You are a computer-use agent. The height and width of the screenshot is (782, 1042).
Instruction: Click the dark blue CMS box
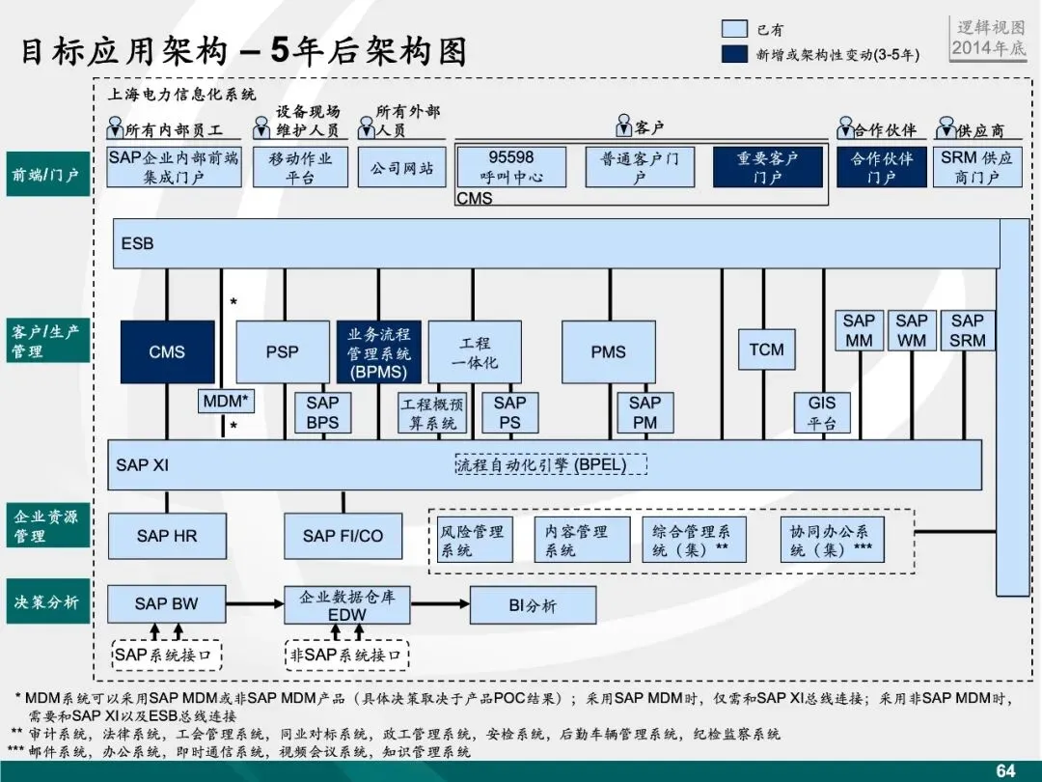(x=167, y=352)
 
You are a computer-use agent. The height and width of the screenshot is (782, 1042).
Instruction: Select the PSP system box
(x=283, y=352)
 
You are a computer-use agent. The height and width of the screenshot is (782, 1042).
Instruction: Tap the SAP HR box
(x=167, y=536)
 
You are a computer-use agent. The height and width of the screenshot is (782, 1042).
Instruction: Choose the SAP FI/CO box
(x=343, y=536)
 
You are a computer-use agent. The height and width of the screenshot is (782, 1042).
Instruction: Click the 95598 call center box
(x=511, y=167)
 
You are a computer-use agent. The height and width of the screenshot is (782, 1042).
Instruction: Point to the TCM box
(x=767, y=349)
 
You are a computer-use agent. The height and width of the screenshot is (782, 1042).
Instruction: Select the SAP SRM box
(x=968, y=330)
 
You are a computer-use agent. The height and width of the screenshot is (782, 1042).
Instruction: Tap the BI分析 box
(x=533, y=606)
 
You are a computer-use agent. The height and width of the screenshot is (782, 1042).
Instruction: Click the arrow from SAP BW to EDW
(x=255, y=604)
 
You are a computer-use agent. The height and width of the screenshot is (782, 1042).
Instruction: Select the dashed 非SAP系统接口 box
(x=346, y=656)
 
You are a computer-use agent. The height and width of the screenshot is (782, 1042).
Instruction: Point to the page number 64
(x=1005, y=770)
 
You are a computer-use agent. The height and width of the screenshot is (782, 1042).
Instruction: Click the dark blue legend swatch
(x=734, y=54)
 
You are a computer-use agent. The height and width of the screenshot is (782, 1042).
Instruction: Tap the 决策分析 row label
(x=46, y=602)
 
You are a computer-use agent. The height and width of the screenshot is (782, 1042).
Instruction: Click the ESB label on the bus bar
(x=137, y=244)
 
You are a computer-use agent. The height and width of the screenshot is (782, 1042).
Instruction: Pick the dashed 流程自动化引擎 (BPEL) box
(x=550, y=464)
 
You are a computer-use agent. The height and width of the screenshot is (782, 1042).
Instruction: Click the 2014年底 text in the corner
(x=989, y=48)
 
